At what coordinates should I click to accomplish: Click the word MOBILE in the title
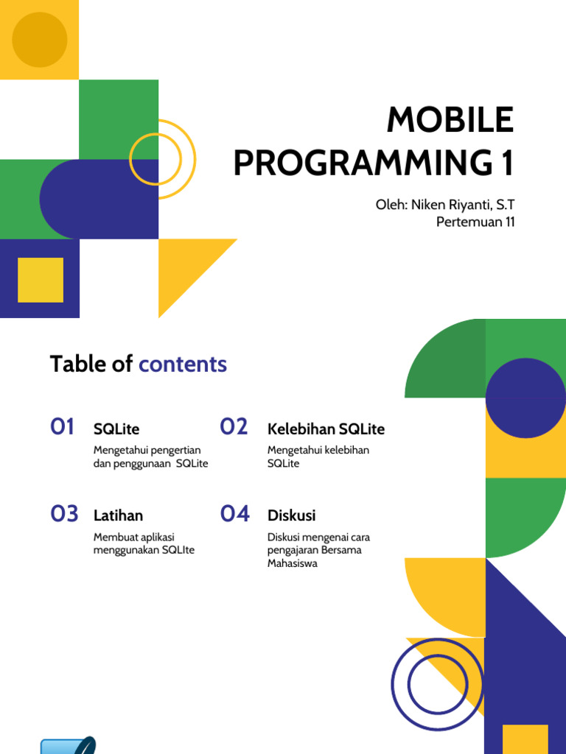pos(450,120)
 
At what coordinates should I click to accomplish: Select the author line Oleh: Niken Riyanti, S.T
pos(445,203)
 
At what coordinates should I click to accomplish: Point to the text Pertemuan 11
pos(475,222)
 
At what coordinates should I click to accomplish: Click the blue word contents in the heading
pos(183,364)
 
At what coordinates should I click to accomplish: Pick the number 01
pos(63,426)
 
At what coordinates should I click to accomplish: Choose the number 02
pos(234,426)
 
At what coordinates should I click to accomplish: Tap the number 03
pos(64,513)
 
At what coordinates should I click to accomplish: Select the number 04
pos(235,513)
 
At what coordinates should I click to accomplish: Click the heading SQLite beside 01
pos(116,429)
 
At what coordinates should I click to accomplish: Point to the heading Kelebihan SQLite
pos(326,429)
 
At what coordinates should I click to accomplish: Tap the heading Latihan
pos(118,515)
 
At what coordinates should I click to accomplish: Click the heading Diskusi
pos(291,515)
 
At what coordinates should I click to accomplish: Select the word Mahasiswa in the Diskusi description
pos(293,563)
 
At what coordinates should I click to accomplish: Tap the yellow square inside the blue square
pos(41,280)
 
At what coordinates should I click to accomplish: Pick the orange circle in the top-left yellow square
pos(40,40)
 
